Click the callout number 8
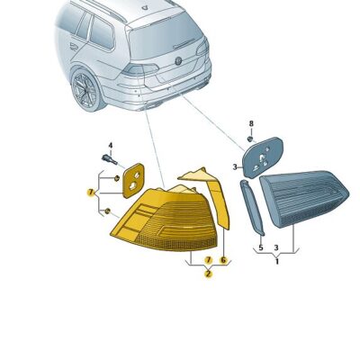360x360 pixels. click(x=251, y=122)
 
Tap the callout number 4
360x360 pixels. click(x=111, y=145)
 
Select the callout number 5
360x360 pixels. click(x=260, y=247)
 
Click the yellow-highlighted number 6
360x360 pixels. click(x=223, y=259)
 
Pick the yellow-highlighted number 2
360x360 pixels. click(x=208, y=274)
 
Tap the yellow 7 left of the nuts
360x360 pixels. click(x=90, y=192)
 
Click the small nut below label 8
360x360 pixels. click(x=250, y=139)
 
